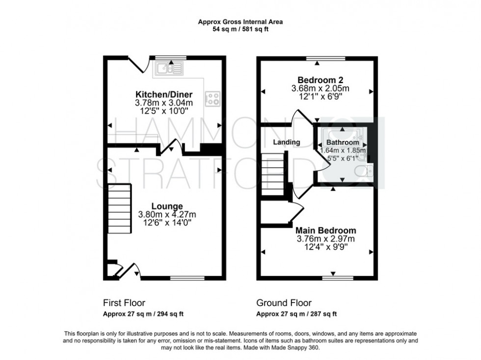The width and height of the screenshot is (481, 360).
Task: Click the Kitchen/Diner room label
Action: pyautogui.click(x=164, y=95)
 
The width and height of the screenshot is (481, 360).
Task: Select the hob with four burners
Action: pyautogui.click(x=213, y=98)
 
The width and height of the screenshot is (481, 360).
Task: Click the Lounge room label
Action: pyautogui.click(x=167, y=206)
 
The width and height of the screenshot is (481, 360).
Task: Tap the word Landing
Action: pyautogui.click(x=286, y=142)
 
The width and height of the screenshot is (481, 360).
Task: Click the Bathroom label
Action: pyautogui.click(x=343, y=142)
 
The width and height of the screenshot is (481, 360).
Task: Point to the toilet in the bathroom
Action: pyautogui.click(x=368, y=170)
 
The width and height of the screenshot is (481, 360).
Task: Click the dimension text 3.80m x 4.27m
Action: pyautogui.click(x=167, y=215)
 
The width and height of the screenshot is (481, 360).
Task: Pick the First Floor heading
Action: pyautogui.click(x=124, y=303)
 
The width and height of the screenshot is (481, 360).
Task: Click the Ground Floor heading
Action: pyautogui.click(x=284, y=303)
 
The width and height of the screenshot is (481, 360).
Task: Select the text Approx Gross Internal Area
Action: pyautogui.click(x=240, y=22)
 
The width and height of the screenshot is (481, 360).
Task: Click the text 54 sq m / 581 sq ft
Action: pyautogui.click(x=240, y=29)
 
